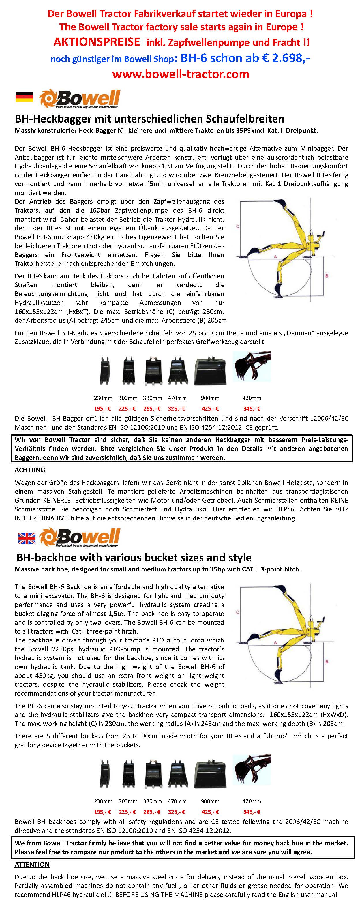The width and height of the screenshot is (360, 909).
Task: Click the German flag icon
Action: [x=24, y=97]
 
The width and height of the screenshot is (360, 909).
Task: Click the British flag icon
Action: [x=27, y=538]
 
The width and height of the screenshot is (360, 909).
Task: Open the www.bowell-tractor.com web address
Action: [x=181, y=74]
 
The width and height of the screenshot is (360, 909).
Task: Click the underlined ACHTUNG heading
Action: [x=30, y=470]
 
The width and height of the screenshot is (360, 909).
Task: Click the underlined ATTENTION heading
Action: [x=32, y=864]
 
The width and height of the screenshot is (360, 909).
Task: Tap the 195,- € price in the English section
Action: [x=102, y=811]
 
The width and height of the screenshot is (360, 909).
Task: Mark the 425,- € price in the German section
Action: [x=210, y=408]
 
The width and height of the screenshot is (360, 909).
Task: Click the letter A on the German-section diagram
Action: [x=275, y=257]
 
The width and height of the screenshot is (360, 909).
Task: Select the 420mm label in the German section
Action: [x=252, y=398]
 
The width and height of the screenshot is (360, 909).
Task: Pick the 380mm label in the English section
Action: [x=153, y=801]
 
